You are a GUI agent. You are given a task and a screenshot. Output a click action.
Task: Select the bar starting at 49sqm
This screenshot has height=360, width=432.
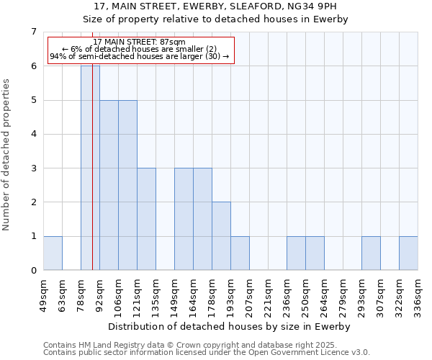(x=53, y=253)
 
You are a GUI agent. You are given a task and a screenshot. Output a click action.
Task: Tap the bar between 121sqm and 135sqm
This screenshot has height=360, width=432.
(x=146, y=219)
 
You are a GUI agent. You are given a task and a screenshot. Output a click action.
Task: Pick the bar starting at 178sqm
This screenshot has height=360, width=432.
(x=221, y=236)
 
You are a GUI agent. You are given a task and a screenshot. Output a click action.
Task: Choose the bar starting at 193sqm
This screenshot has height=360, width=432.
(x=240, y=253)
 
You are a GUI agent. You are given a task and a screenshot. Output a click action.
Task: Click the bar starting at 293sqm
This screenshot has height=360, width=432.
(x=371, y=253)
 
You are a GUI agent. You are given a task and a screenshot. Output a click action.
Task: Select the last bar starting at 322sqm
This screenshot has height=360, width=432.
(x=408, y=253)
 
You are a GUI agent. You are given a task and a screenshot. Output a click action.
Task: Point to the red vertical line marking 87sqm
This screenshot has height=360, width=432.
(x=93, y=180)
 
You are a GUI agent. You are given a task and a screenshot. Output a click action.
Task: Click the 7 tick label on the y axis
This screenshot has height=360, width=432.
(x=33, y=32)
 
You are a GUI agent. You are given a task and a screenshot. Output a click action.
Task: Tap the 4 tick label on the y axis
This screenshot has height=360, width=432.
(x=33, y=134)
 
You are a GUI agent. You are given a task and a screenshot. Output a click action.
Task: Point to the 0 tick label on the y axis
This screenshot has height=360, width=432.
(x=33, y=271)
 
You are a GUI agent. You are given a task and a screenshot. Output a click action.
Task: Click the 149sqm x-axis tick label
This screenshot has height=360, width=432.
(x=175, y=294)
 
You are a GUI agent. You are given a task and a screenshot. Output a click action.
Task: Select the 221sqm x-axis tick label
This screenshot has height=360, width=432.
(x=269, y=294)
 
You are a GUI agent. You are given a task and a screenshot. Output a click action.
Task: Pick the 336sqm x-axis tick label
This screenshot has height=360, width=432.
(x=418, y=294)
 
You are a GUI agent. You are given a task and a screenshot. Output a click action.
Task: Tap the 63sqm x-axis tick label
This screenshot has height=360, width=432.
(x=63, y=292)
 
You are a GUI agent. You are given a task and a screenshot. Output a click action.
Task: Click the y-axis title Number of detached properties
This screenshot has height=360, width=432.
(x=7, y=155)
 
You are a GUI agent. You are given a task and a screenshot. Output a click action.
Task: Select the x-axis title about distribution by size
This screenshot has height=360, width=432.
(x=230, y=326)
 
